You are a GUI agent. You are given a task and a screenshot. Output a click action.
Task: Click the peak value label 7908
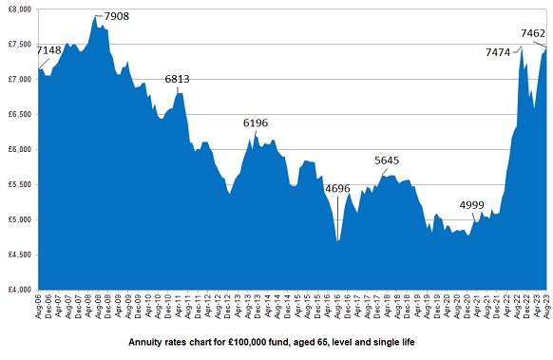(x=116, y=17)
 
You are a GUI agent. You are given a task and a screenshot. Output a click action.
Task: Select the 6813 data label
(x=179, y=80)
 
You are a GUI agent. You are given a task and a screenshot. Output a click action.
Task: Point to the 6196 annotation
(x=256, y=123)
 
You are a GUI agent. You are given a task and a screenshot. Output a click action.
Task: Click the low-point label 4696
(x=338, y=188)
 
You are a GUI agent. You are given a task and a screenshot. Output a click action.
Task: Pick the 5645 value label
(x=388, y=161)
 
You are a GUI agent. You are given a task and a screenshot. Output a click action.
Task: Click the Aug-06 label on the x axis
(x=39, y=306)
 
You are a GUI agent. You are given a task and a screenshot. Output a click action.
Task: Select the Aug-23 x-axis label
(x=545, y=306)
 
